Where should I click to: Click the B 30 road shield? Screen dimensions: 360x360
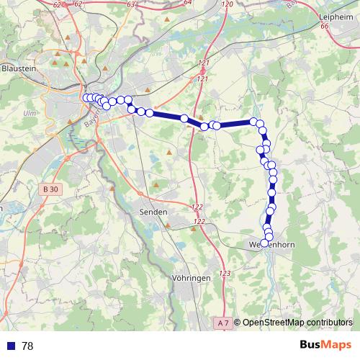49,189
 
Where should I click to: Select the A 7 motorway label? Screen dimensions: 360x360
223,323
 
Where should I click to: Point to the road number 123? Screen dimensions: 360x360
225,274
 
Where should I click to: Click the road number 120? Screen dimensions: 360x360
228,5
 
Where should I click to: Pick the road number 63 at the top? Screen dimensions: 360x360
130,4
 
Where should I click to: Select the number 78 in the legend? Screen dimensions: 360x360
28,346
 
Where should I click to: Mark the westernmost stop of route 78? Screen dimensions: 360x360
86,98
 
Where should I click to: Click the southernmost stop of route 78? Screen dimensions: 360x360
264,243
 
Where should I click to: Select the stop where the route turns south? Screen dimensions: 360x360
253,122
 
